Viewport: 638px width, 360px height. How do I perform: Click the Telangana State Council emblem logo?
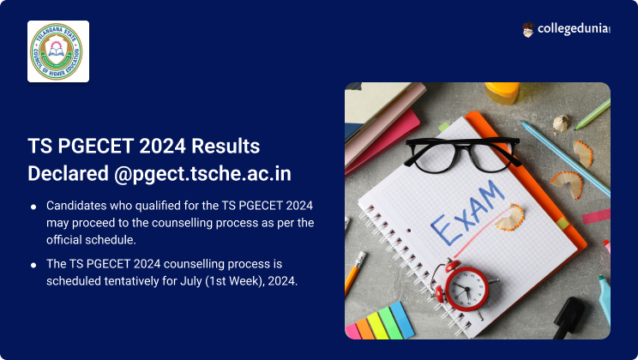(57, 51)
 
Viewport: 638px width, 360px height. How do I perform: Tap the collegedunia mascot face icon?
(527, 30)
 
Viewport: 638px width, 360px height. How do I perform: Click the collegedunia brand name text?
(574, 29)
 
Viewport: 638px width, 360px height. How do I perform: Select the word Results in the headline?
(226, 146)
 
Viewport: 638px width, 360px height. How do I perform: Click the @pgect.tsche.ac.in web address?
(202, 174)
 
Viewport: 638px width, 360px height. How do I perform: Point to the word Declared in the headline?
(68, 174)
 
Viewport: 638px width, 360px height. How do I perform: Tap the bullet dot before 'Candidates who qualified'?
(33, 207)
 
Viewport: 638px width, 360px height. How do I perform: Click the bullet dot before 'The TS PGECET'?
(33, 265)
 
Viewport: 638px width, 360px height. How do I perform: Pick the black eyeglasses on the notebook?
(462, 155)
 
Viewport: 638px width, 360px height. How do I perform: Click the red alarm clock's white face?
(466, 290)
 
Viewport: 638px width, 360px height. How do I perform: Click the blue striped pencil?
(566, 159)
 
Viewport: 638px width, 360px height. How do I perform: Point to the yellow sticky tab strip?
(378, 324)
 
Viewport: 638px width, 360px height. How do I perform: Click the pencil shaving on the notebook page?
(509, 218)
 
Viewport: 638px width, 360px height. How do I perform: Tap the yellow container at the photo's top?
(503, 93)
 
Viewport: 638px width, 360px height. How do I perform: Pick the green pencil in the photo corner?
(593, 114)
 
